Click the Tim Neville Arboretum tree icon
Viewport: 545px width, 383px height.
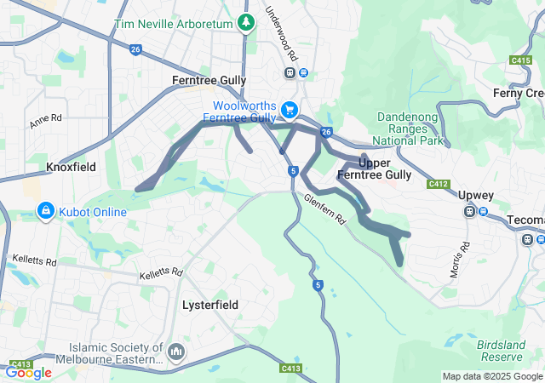[x=246, y=22]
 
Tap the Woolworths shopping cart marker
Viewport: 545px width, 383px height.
[x=290, y=110]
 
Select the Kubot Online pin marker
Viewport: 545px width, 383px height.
[x=45, y=209]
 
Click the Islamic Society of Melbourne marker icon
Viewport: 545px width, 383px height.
[x=175, y=352]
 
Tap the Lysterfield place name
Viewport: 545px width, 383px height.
[x=210, y=304]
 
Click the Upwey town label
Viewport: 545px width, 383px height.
[x=475, y=195]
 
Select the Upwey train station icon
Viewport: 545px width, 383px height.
[x=469, y=212]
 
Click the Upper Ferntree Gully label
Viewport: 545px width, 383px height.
[x=374, y=169]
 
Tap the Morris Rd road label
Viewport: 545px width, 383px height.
[x=460, y=261]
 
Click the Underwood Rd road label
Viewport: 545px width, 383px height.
[x=282, y=34]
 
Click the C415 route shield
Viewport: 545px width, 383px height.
[x=521, y=60]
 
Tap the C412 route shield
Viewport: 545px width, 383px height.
[x=439, y=184]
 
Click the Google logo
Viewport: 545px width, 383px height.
[x=28, y=372]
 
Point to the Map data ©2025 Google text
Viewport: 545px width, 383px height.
[x=491, y=376]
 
